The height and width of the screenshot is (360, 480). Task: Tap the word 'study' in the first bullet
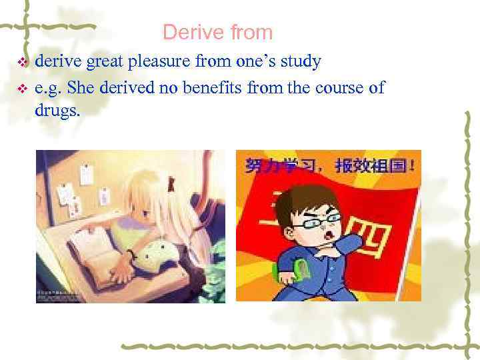300,62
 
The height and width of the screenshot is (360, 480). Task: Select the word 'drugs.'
57,111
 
